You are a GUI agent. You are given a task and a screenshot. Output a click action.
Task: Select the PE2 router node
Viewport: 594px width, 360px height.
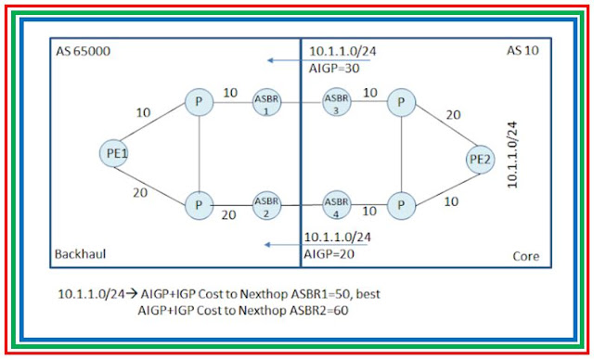pyautogui.click(x=479, y=160)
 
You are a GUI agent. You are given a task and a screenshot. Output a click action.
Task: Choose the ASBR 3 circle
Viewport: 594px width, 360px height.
pyautogui.click(x=336, y=101)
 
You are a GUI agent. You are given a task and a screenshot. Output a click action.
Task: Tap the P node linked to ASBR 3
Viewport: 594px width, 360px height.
pyautogui.click(x=400, y=101)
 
